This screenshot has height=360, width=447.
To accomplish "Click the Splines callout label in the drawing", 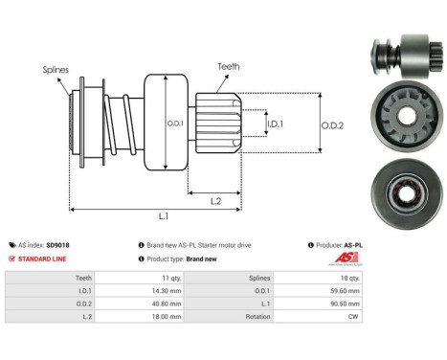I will (55, 69).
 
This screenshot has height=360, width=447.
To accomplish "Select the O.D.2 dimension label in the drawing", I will (333, 123).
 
